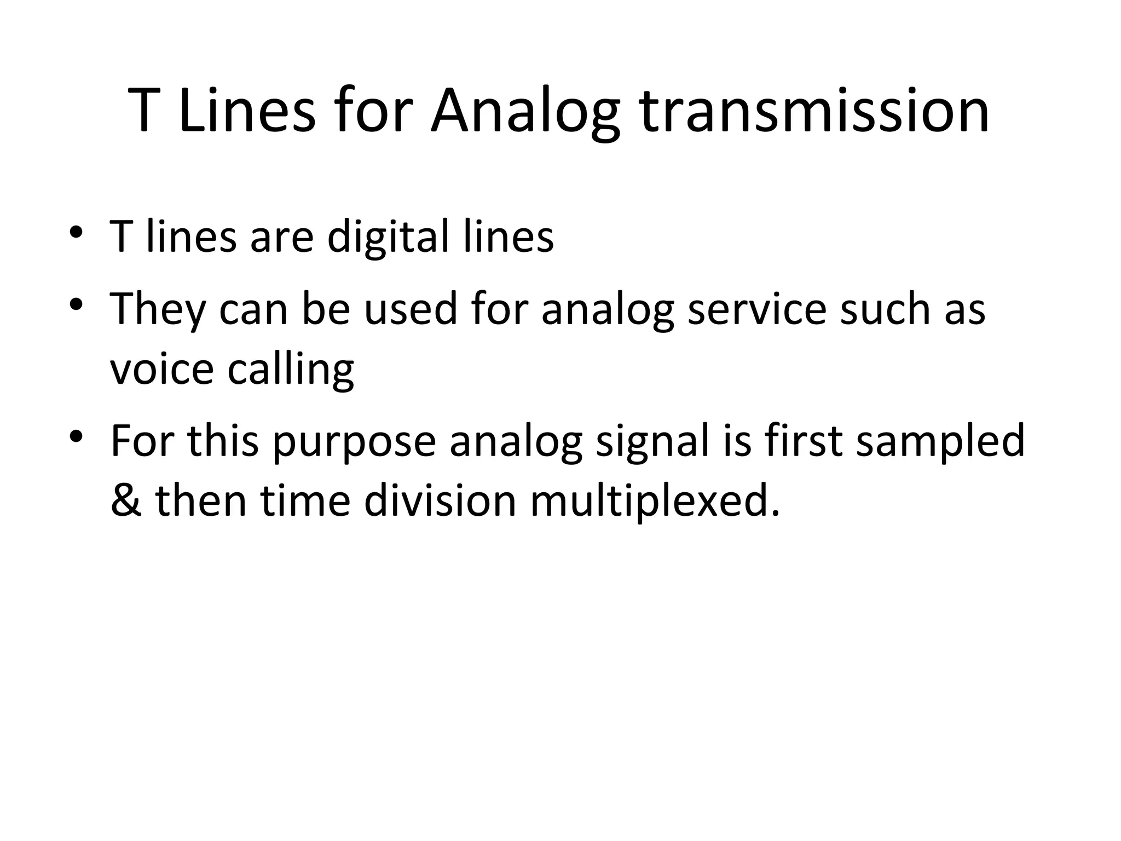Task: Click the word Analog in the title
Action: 525,112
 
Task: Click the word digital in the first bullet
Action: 388,238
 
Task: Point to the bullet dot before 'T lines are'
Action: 76,232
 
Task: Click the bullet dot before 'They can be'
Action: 76,303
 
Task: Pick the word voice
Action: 161,369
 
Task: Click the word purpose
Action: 354,442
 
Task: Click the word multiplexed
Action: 654,502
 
